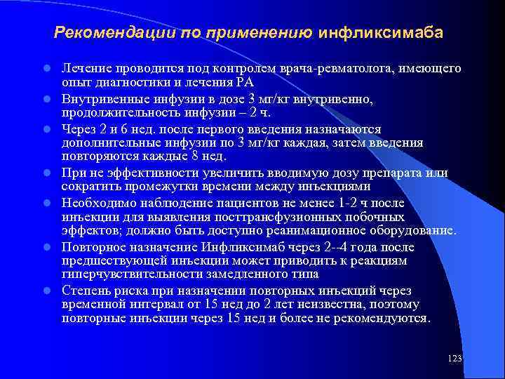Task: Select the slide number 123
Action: click(x=454, y=359)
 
